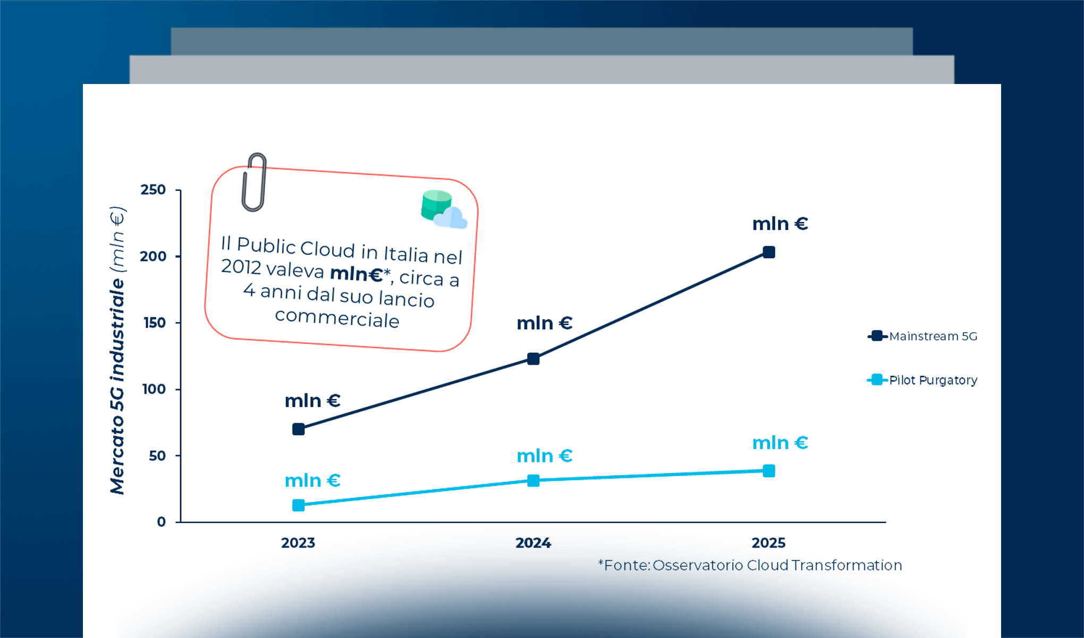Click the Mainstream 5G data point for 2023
[x=299, y=429]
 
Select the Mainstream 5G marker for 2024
[x=533, y=359]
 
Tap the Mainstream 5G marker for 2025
[x=769, y=252]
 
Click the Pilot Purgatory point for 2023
[x=299, y=505]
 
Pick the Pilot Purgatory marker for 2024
[x=533, y=481]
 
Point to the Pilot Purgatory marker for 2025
[x=769, y=471]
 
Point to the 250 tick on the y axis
[x=153, y=190]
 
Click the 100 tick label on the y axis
[x=154, y=389]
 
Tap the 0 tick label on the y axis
[x=162, y=522]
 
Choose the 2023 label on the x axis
[x=298, y=543]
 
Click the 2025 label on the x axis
[x=768, y=543]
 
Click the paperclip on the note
[x=254, y=182]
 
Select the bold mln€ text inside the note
[x=357, y=274]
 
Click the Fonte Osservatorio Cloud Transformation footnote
[x=750, y=565]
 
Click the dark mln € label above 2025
[x=780, y=224]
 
